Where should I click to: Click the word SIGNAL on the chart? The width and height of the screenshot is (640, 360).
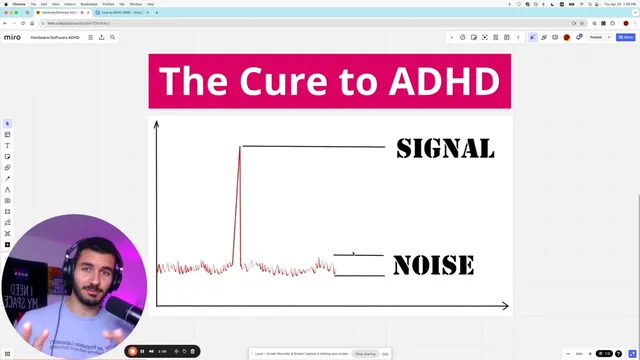(445, 148)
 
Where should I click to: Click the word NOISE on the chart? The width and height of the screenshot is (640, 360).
(433, 265)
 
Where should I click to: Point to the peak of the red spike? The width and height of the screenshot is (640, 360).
(240, 147)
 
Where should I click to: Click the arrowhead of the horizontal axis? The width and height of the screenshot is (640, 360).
(504, 305)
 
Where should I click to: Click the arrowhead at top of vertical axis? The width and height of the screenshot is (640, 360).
(156, 125)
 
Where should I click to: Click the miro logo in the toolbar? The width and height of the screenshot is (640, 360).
(13, 37)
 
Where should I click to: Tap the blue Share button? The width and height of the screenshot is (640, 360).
(627, 37)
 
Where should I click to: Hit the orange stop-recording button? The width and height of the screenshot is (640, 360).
(133, 351)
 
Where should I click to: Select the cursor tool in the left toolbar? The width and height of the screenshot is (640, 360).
(8, 124)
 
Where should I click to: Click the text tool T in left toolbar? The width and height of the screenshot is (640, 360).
(8, 146)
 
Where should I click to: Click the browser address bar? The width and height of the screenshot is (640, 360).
(200, 22)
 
